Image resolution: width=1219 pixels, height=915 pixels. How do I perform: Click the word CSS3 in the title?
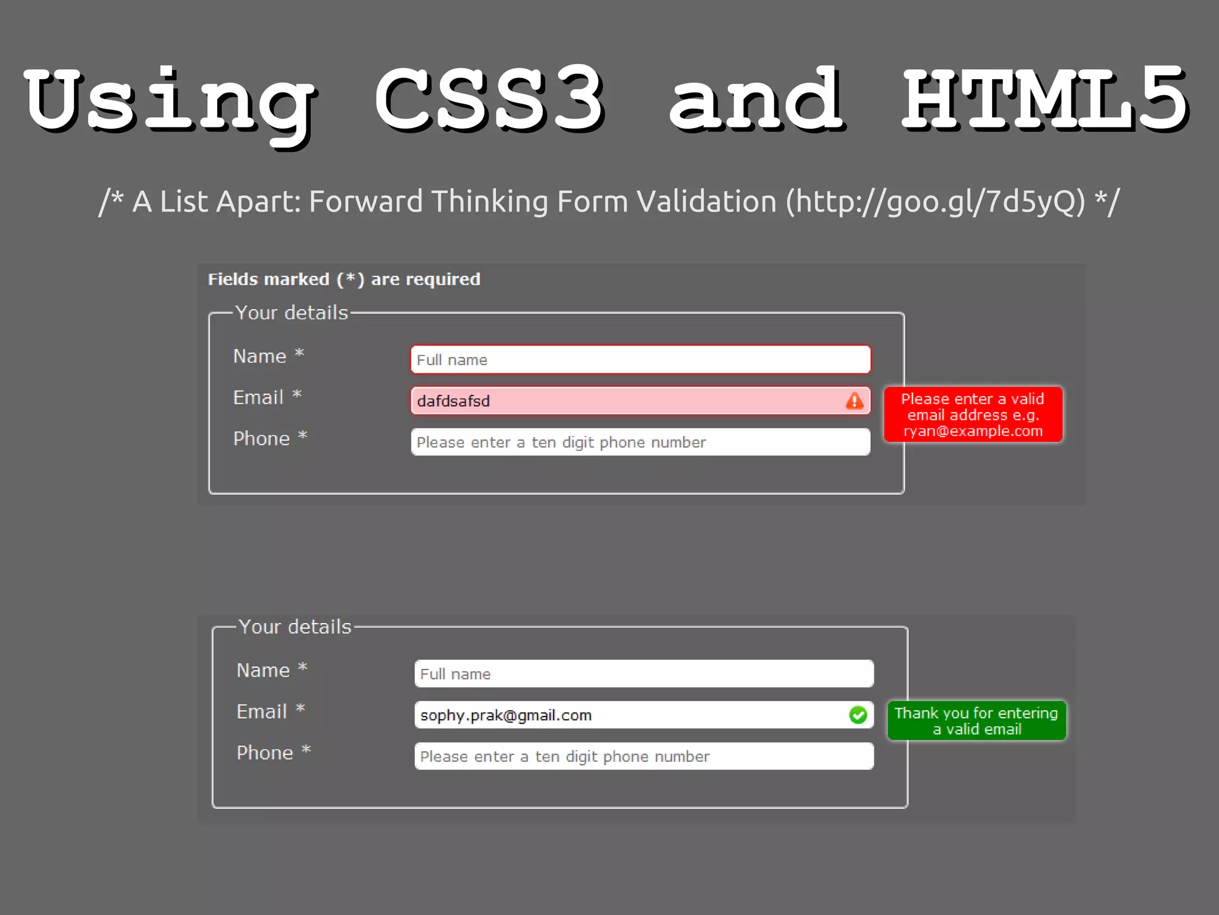click(489, 100)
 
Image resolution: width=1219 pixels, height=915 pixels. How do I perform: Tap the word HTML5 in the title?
click(1045, 100)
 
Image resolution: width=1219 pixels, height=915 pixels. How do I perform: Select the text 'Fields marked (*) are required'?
click(344, 279)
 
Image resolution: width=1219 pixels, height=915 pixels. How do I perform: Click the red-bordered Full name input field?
click(640, 360)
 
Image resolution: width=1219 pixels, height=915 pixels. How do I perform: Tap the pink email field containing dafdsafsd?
click(625, 401)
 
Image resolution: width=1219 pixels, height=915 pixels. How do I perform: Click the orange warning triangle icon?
click(855, 401)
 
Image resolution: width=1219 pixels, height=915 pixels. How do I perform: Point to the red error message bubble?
click(973, 415)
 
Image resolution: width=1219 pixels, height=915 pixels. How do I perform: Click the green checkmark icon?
click(858, 715)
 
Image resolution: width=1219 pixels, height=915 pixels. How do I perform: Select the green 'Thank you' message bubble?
click(976, 721)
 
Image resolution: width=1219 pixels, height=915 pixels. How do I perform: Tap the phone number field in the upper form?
click(640, 442)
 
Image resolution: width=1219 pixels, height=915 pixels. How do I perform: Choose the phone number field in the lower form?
click(644, 756)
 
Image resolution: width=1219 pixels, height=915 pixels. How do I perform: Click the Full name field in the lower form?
click(644, 674)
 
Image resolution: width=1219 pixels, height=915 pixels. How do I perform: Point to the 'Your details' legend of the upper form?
click(292, 313)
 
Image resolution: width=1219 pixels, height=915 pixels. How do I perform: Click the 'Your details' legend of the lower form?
click(295, 627)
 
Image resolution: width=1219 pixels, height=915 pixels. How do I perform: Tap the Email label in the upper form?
click(259, 397)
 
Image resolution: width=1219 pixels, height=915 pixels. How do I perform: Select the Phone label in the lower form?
click(265, 752)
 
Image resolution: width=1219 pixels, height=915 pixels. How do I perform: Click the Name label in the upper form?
click(260, 356)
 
